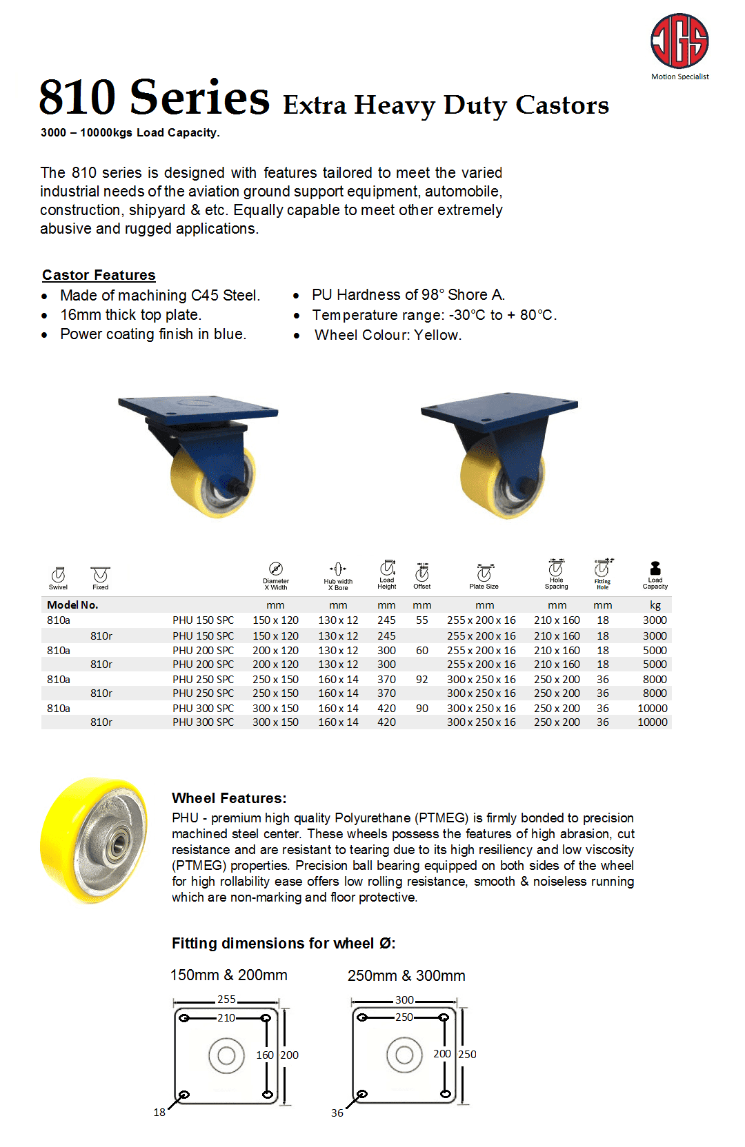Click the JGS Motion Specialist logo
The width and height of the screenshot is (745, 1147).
(x=679, y=41)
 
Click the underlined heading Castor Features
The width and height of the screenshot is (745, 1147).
(x=99, y=275)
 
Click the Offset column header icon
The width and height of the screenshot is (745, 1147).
(x=422, y=573)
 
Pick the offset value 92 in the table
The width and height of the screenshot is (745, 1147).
(x=422, y=679)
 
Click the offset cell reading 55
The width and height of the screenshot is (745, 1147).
(x=422, y=620)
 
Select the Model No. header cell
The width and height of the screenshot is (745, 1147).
(x=72, y=605)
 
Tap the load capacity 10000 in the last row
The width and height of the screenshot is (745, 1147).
(x=652, y=722)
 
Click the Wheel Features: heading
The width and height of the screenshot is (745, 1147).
(x=229, y=798)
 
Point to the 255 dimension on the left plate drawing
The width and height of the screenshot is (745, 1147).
(x=226, y=999)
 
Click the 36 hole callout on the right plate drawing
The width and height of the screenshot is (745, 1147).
(x=337, y=1113)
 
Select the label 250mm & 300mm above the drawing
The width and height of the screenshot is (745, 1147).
(x=406, y=975)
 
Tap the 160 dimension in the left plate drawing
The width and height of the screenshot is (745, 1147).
(x=265, y=1055)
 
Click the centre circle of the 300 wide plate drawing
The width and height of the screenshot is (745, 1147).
(x=404, y=1055)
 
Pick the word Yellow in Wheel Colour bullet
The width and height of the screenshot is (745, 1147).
(x=437, y=335)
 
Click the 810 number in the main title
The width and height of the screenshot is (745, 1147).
(x=77, y=98)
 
